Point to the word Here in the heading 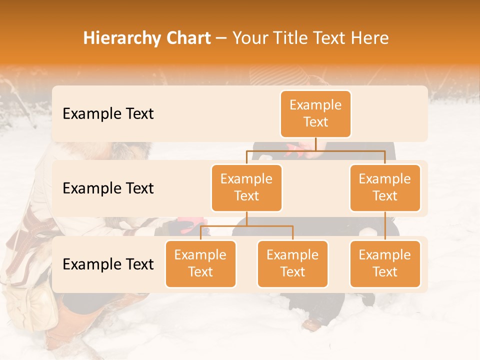point(370,38)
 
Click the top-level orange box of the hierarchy point(315,114)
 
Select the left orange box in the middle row point(246,187)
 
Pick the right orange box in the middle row point(385,187)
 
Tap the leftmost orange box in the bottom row point(200,263)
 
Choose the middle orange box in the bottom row point(292,263)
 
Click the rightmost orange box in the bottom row point(385,263)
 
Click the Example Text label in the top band point(108,113)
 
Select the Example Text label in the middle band point(108,188)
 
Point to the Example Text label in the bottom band point(108,264)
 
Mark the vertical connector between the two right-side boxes point(385,226)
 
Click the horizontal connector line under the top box point(315,150)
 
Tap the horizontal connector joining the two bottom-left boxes point(246,226)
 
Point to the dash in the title point(221,38)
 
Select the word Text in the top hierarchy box point(315,122)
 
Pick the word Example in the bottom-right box point(385,255)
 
